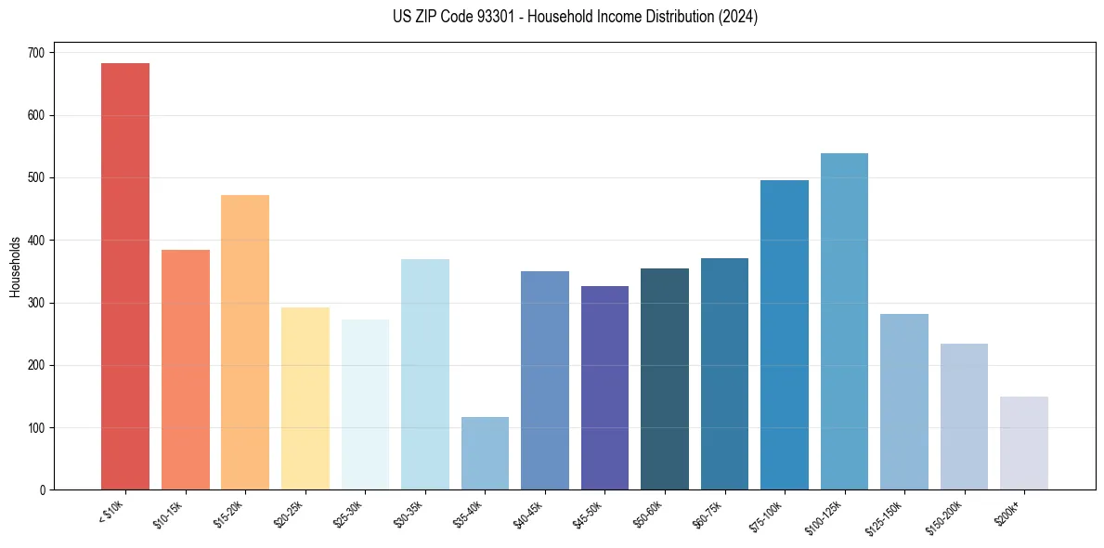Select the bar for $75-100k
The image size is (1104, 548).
(x=785, y=334)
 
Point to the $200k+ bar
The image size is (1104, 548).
(x=1024, y=443)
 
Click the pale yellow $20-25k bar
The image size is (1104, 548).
(x=305, y=398)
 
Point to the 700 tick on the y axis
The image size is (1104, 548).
(x=36, y=53)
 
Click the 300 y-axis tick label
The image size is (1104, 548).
(x=36, y=303)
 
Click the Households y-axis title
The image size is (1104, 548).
(x=15, y=267)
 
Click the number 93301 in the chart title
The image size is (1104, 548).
(x=485, y=17)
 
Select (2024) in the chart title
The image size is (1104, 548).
(x=738, y=17)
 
